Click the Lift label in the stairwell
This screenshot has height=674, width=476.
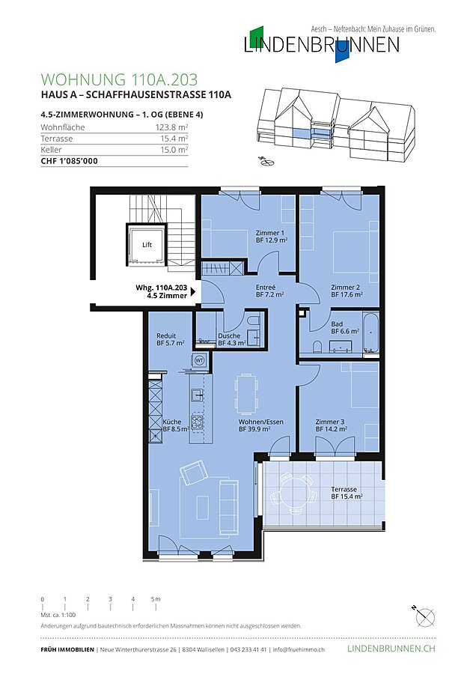(147, 245)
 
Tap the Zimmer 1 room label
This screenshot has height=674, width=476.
(269, 233)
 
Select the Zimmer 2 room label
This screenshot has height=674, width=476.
(346, 287)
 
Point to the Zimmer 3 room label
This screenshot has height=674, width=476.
(329, 422)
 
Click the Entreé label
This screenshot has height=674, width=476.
(266, 287)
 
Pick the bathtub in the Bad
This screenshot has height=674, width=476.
(370, 333)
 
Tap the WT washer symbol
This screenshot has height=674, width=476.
(199, 359)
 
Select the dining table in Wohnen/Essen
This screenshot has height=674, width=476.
(246, 391)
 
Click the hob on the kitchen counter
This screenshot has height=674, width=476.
(197, 422)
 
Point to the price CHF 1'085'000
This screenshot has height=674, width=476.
(69, 161)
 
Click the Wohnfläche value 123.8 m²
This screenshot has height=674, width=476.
(172, 127)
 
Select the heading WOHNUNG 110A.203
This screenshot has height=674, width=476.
(120, 79)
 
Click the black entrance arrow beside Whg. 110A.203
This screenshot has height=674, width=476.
(193, 292)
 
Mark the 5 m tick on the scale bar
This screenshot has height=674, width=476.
(156, 607)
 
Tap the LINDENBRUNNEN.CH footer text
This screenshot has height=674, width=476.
(391, 649)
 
